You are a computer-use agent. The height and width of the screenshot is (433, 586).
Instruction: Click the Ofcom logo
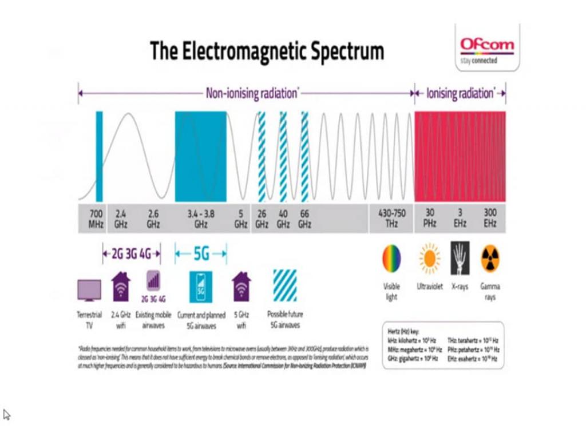(487, 49)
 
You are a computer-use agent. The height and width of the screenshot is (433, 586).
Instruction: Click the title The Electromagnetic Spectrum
(267, 51)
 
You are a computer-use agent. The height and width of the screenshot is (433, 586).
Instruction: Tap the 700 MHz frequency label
(96, 218)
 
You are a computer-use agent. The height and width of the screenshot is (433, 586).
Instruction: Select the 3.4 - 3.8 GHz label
(200, 218)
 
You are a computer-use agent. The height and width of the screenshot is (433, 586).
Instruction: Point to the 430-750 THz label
(391, 218)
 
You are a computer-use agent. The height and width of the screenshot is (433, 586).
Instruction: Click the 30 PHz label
(430, 218)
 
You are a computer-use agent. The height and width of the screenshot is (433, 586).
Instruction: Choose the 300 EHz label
(490, 218)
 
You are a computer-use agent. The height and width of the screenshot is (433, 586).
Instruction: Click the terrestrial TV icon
(89, 290)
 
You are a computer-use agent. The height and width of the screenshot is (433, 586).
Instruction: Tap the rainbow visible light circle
(391, 258)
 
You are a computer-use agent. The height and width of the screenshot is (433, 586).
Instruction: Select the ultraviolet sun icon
(429, 258)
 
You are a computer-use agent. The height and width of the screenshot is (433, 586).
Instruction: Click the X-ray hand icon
(460, 258)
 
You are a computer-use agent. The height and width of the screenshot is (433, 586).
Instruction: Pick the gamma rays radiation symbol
(490, 258)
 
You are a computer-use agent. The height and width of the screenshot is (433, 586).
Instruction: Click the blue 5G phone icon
(200, 287)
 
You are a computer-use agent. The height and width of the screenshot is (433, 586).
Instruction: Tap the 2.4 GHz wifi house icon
(121, 286)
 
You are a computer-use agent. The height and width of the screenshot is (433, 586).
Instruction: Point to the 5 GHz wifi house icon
(241, 286)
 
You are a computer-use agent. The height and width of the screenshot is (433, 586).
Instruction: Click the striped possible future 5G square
(285, 285)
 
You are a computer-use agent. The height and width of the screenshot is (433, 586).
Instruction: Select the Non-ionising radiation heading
(251, 93)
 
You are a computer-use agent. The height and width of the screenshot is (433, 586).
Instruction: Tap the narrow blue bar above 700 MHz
(99, 156)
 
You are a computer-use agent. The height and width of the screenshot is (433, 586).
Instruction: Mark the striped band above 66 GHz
(304, 156)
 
